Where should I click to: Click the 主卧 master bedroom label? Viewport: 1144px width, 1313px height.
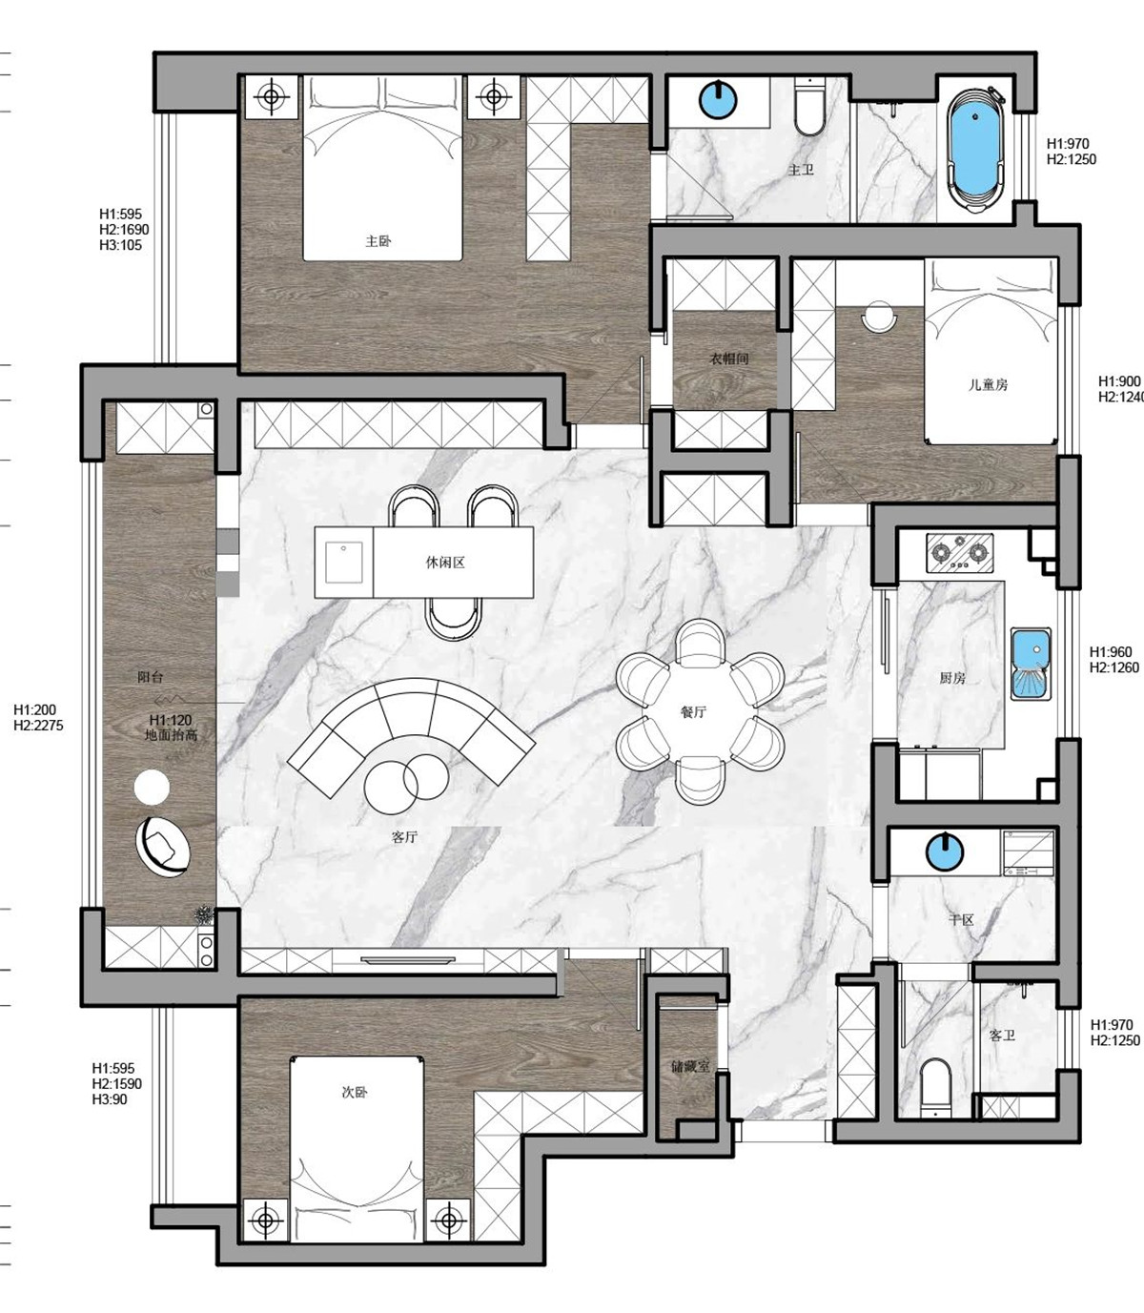pyautogui.click(x=378, y=241)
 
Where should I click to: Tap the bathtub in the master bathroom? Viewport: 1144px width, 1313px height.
pyautogui.click(x=974, y=150)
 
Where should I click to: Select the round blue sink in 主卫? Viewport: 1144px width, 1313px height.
pyautogui.click(x=719, y=100)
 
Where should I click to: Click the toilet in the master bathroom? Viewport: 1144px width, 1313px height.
pyautogui.click(x=809, y=107)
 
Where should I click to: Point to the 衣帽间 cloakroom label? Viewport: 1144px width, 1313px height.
pyautogui.click(x=729, y=359)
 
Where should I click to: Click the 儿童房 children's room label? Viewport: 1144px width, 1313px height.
pyautogui.click(x=988, y=385)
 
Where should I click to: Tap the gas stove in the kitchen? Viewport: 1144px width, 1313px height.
pyautogui.click(x=959, y=553)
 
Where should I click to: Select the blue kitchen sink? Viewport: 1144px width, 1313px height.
pyautogui.click(x=1032, y=665)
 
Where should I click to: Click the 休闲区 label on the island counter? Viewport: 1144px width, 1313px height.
pyautogui.click(x=445, y=563)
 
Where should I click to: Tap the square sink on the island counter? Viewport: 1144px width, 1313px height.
pyautogui.click(x=344, y=563)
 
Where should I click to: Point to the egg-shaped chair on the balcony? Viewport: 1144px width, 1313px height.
pyautogui.click(x=163, y=846)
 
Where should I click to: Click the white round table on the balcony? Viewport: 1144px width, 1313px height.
pyautogui.click(x=153, y=787)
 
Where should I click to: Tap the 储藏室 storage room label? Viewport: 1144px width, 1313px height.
pyautogui.click(x=690, y=1067)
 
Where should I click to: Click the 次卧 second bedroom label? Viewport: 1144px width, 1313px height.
pyautogui.click(x=355, y=1092)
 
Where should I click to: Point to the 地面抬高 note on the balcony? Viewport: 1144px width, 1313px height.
pyautogui.click(x=171, y=735)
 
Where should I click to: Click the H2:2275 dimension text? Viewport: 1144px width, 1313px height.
pyautogui.click(x=38, y=726)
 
